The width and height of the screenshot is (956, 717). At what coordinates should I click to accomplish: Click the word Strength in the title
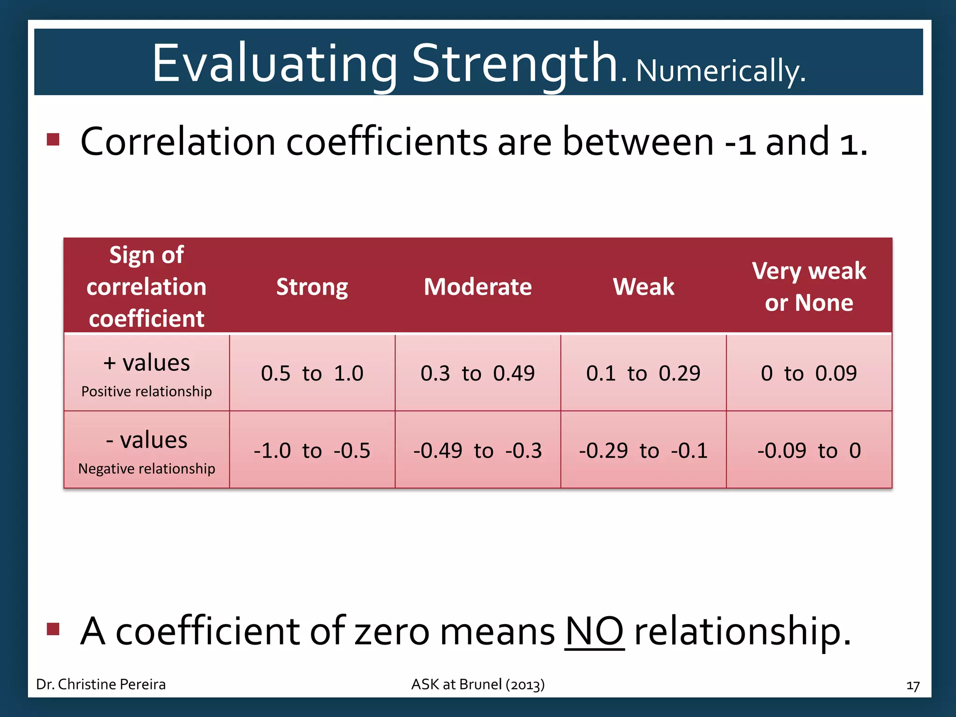[514, 63]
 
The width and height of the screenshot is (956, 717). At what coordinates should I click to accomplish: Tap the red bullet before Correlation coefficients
[53, 139]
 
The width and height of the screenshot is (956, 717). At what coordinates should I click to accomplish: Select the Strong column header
[312, 287]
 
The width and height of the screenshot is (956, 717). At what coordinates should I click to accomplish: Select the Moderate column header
[478, 287]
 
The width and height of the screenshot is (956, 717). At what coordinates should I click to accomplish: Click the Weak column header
[643, 287]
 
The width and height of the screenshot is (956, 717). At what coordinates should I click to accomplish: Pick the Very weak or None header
[808, 287]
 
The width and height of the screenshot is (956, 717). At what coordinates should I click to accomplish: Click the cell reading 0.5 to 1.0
[312, 373]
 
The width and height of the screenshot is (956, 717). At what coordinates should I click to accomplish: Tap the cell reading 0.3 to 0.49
[478, 373]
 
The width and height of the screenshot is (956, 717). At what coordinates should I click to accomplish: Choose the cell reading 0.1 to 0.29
[643, 373]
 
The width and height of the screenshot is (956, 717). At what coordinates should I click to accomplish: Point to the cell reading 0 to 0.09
[808, 373]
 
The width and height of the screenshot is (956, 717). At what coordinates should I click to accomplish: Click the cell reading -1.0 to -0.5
[312, 450]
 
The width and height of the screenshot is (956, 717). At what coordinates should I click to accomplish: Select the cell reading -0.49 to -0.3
[478, 450]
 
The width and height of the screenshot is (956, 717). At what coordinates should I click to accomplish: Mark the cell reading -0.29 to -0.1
[643, 450]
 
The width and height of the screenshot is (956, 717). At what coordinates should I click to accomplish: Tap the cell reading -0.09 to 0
[808, 450]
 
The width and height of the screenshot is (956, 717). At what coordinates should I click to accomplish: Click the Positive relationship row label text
[147, 391]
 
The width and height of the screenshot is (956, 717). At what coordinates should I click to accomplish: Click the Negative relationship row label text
[147, 468]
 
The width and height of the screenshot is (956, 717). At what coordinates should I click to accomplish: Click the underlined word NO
[594, 631]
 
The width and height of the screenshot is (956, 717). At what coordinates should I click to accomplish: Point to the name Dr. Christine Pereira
[101, 684]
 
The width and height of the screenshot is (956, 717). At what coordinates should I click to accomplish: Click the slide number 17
[913, 686]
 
